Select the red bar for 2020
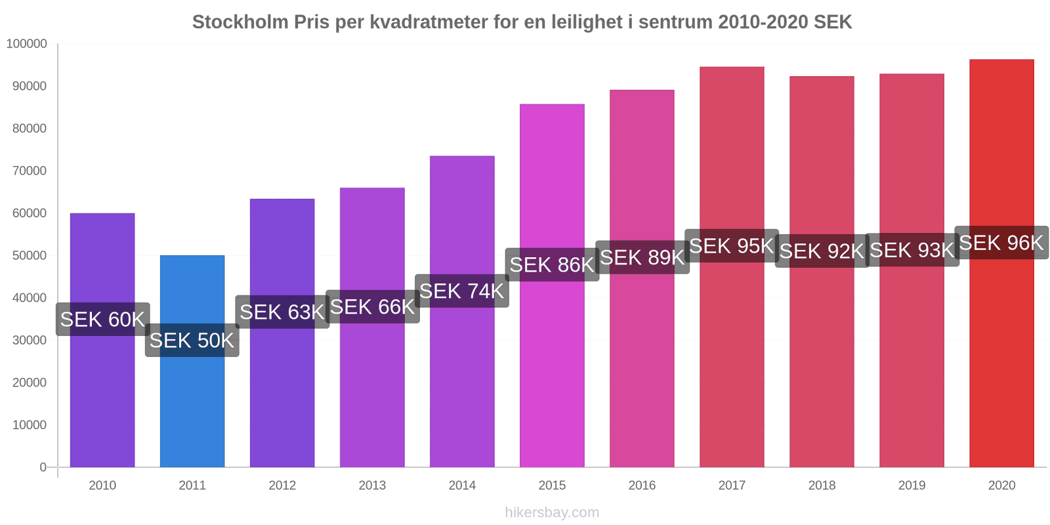[1001, 361]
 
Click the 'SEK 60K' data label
[102, 320]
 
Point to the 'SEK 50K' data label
[192, 341]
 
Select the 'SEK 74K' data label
[461, 291]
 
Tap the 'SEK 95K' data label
[731, 246]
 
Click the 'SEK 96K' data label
[1001, 243]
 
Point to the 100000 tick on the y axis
[27, 44]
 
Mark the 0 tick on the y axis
[43, 467]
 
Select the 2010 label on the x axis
[102, 486]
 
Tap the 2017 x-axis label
[732, 486]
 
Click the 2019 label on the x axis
[912, 486]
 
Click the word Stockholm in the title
[240, 22]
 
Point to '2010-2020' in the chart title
[763, 22]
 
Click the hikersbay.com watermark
[552, 513]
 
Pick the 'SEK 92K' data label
[822, 251]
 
